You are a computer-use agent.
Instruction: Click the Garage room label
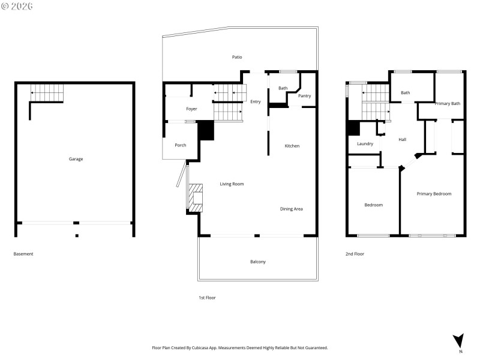pos(76,159)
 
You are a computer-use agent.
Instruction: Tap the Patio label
pos(237,57)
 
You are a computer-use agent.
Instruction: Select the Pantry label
pos(304,96)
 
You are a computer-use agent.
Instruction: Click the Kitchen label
pos(292,146)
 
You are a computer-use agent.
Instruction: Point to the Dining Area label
pos(291,209)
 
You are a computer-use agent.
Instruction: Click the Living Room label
pos(232,184)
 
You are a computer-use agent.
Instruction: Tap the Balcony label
pos(257,262)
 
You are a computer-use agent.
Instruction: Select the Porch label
pos(180,145)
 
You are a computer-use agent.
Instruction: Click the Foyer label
pos(191,109)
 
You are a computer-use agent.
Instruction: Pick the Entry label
pos(256,101)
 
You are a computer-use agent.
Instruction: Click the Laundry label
pos(365,144)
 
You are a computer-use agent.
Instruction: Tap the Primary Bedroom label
pos(434,194)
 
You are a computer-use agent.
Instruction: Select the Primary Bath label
pos(447,104)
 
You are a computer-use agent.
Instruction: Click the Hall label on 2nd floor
pos(402,140)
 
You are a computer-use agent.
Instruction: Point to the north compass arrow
pos(459,340)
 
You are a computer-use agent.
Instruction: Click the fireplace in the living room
pos(196,197)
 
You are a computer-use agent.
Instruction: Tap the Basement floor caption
pos(23,254)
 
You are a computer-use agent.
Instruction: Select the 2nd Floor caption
pos(355,254)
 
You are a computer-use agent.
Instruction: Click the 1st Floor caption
pos(207,298)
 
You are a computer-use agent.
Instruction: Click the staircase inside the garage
pos(47,93)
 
